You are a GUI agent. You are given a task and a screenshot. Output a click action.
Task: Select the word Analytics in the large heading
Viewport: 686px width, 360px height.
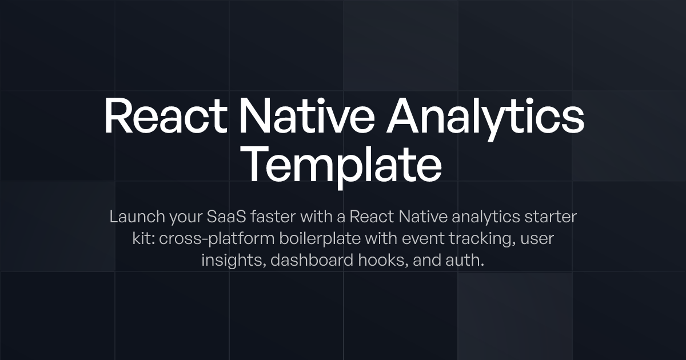click(x=485, y=116)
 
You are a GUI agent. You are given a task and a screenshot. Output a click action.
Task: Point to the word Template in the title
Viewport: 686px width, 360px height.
click(x=343, y=163)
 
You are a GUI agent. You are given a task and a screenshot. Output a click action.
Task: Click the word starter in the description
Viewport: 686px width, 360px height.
click(x=554, y=217)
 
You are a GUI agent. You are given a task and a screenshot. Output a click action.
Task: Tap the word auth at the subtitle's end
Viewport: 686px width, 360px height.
click(x=466, y=261)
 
